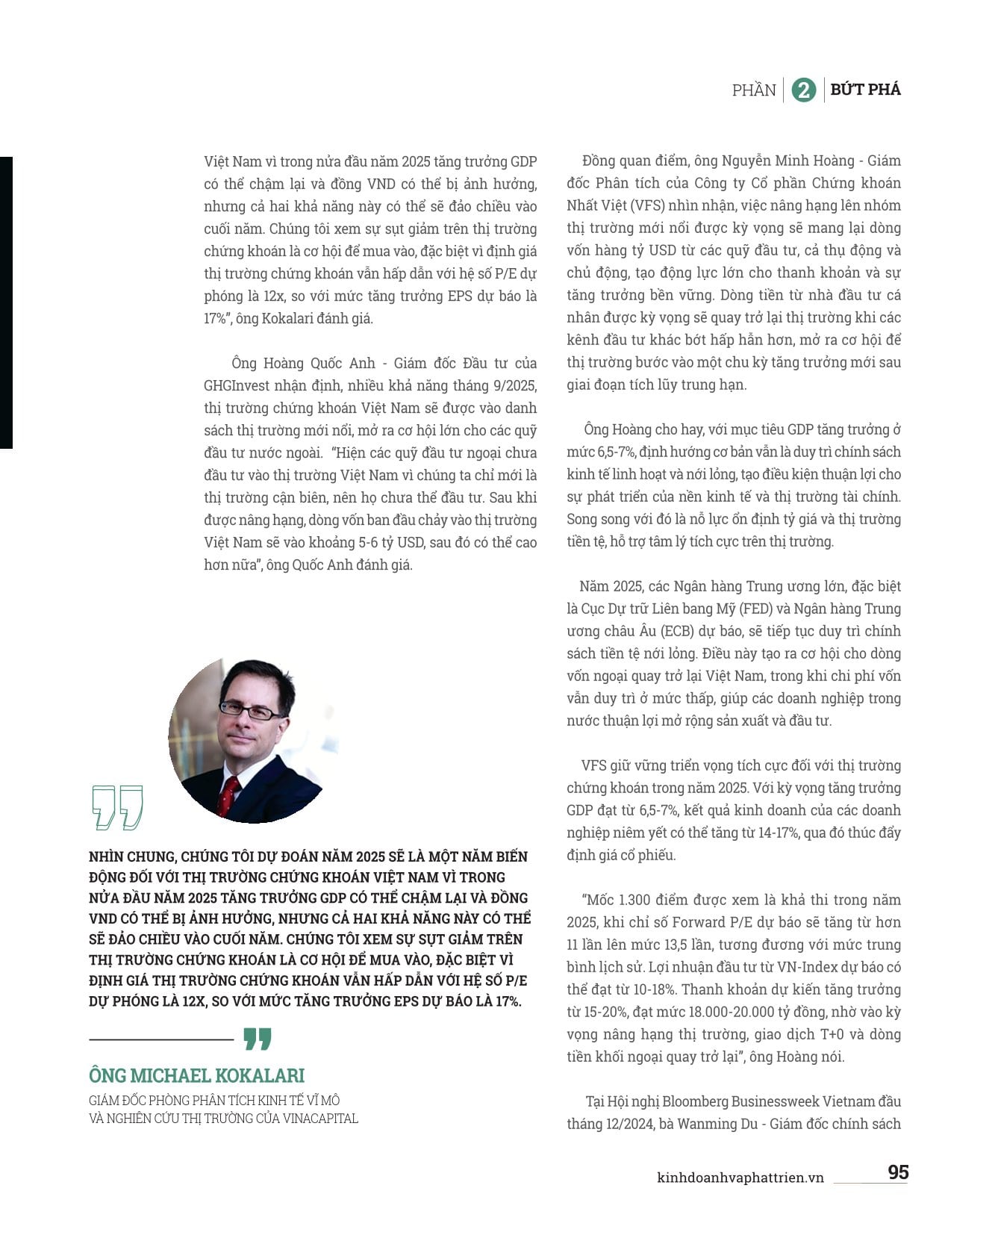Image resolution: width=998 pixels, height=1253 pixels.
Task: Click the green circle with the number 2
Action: pyautogui.click(x=803, y=90)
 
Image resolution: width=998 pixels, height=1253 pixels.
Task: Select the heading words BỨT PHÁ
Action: pyautogui.click(x=865, y=90)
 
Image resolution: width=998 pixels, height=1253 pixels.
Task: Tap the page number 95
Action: pyautogui.click(x=898, y=1172)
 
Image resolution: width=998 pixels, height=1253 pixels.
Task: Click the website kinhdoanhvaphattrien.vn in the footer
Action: pyautogui.click(x=740, y=1178)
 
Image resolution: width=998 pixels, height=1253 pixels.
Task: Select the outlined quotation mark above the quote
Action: pyautogui.click(x=117, y=806)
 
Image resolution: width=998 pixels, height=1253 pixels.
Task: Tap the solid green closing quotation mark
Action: pyautogui.click(x=258, y=1039)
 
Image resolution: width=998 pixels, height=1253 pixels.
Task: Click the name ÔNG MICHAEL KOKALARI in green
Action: pyautogui.click(x=196, y=1075)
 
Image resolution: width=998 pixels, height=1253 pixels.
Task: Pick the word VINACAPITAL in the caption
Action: pyautogui.click(x=320, y=1118)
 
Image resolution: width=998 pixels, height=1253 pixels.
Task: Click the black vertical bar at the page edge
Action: pyautogui.click(x=6, y=302)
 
